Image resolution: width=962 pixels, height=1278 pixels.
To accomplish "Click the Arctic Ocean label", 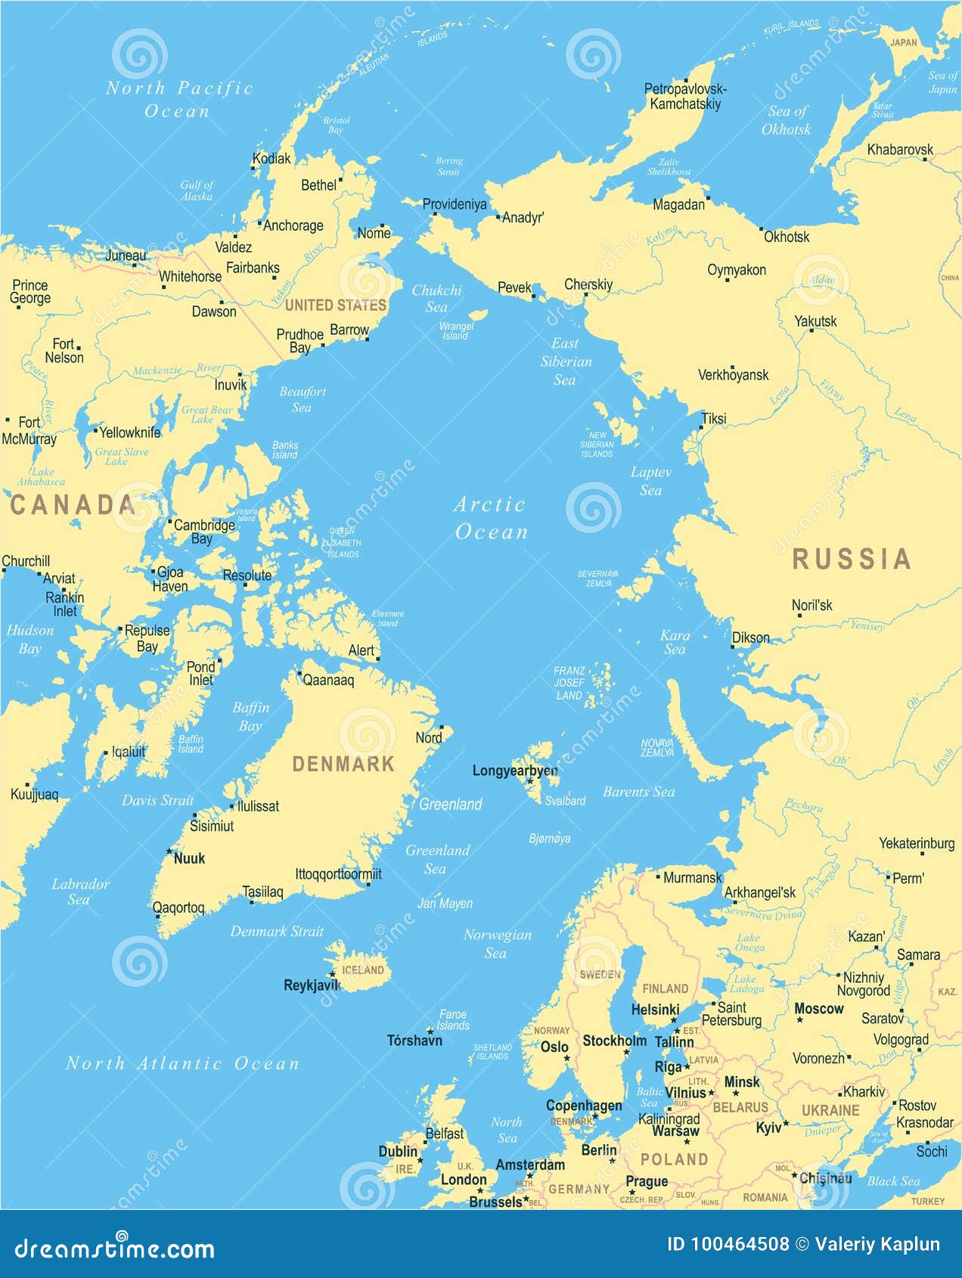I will [490, 518].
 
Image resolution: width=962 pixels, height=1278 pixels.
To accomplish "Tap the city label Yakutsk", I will [815, 321].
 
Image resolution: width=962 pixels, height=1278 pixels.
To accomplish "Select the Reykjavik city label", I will [312, 985].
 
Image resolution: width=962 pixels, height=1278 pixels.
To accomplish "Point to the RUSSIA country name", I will [851, 560].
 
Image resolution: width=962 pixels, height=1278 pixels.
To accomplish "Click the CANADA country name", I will [73, 505].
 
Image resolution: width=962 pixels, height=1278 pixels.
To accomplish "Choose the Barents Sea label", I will [638, 792].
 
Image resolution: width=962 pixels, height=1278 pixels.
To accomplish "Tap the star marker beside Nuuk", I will [169, 851].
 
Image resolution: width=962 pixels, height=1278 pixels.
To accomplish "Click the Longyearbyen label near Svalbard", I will [515, 771].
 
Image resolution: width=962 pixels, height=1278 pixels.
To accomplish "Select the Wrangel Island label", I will [456, 331].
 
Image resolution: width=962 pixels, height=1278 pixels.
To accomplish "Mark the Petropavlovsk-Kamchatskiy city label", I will [685, 97].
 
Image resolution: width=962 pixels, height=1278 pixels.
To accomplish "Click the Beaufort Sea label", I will [302, 399].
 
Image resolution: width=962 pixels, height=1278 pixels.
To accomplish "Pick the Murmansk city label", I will [692, 878].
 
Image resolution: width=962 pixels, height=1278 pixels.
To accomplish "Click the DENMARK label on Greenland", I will [343, 764].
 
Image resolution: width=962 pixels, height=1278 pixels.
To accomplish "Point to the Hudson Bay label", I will [30, 639].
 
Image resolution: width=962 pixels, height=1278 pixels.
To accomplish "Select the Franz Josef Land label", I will [569, 683].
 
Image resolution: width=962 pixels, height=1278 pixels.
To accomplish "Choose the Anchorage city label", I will [293, 225].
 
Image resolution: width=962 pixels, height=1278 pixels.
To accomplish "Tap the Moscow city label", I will [818, 1009].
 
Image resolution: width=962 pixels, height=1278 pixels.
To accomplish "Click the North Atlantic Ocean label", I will [182, 1063].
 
